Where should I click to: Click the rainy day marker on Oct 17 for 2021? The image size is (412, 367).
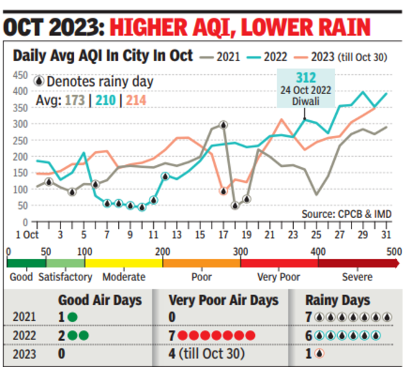tap(223, 125)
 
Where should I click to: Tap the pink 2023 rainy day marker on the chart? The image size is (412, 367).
tap(223, 191)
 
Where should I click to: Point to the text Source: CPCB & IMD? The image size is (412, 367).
tap(347, 214)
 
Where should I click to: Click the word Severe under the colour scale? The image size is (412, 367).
tap(357, 277)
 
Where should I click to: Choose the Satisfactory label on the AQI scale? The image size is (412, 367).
tap(66, 277)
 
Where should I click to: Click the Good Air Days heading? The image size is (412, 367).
tap(100, 300)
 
